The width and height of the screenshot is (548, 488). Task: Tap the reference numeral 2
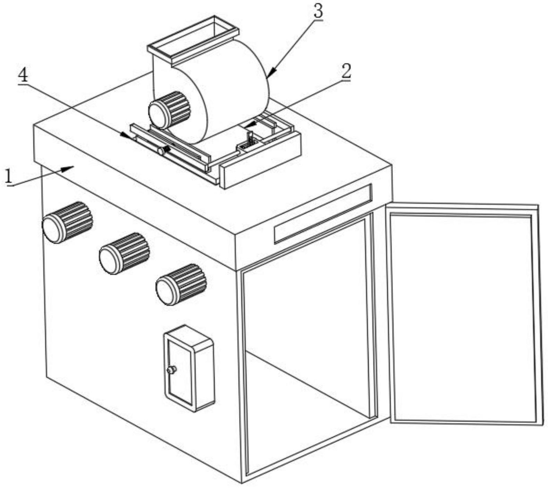click(346, 71)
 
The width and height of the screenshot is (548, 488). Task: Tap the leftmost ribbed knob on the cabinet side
click(67, 222)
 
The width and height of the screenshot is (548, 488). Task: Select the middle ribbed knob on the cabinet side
click(124, 253)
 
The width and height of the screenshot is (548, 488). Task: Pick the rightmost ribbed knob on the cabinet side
click(181, 284)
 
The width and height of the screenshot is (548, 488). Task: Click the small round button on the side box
click(171, 370)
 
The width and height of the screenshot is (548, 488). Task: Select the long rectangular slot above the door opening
click(323, 213)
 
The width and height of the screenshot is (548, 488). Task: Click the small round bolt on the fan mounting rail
click(161, 151)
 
